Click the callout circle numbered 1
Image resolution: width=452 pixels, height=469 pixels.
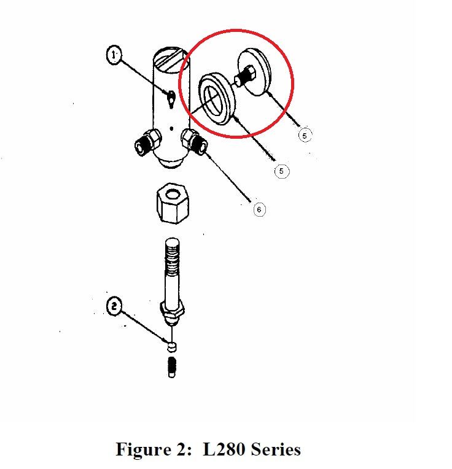(114, 55)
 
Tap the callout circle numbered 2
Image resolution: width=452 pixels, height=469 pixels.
(114, 306)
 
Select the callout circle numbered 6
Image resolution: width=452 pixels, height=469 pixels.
(259, 209)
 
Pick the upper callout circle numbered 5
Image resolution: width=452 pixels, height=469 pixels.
(305, 136)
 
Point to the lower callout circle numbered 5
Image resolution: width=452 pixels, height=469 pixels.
(281, 171)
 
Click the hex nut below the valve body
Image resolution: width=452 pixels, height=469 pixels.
(173, 203)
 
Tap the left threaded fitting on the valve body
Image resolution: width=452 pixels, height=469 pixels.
(147, 142)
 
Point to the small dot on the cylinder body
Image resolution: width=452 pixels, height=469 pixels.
(171, 129)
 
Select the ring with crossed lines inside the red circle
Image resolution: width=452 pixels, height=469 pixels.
(217, 99)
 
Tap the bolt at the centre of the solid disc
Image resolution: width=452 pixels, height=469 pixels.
(245, 77)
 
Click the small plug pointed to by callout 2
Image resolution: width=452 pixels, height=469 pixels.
(171, 347)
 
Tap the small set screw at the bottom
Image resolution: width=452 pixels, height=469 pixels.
(172, 367)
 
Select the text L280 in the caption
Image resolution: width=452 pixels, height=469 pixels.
(224, 449)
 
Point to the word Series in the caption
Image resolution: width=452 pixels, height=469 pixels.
(276, 449)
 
